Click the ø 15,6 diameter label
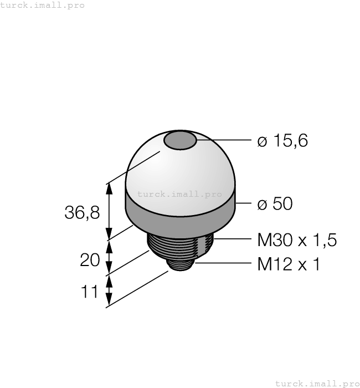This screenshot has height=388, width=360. point(282,141)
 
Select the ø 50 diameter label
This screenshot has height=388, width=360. point(275,203)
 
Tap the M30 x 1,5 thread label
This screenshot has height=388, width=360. point(297,240)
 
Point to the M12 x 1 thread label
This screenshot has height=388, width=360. point(289,264)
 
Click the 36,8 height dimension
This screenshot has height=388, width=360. point(82,212)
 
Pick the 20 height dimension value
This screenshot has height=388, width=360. point(90,260)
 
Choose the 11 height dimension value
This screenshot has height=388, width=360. point(90,292)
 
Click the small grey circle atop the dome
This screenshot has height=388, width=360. point(180,141)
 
